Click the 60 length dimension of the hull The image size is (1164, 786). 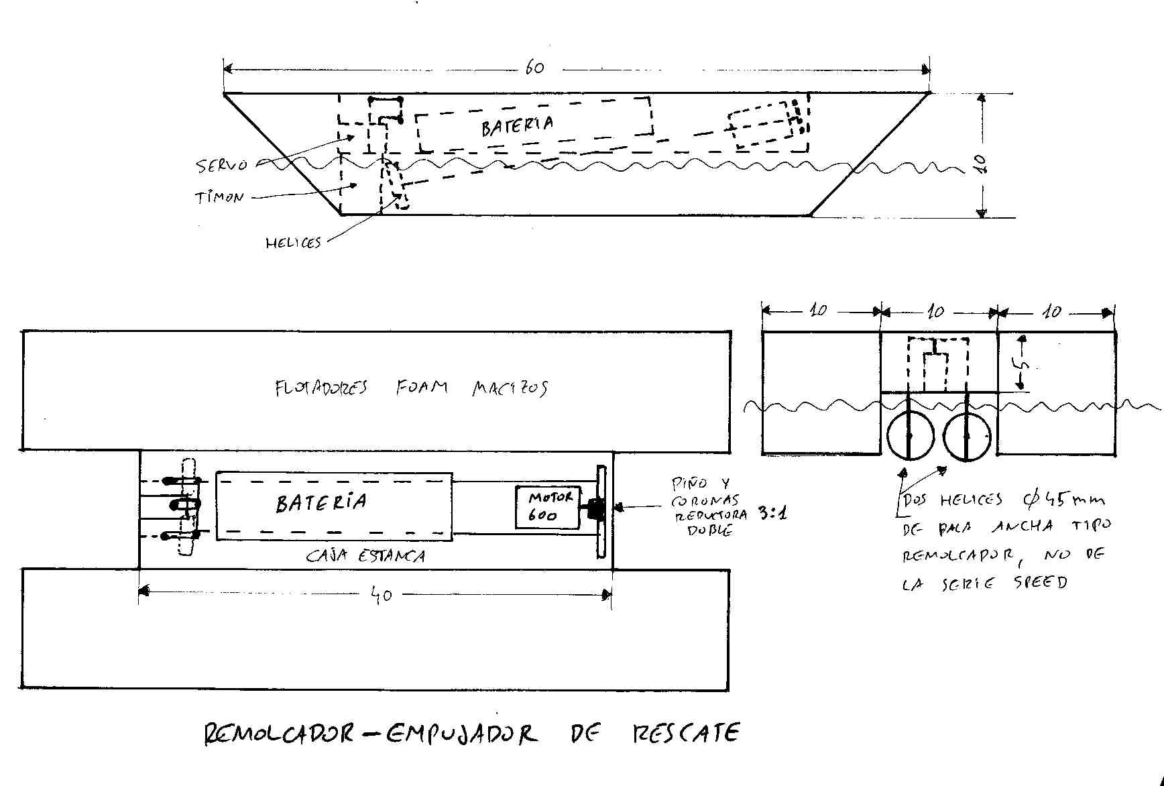coord(534,68)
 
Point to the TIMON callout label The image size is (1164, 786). coord(219,198)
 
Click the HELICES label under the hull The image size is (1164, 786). coord(293,243)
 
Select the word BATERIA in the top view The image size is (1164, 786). coord(321,503)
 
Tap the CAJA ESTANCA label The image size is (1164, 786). coord(365,556)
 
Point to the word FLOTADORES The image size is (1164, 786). coord(321,388)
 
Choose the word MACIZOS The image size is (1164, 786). coord(510,388)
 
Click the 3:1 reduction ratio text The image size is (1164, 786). coord(772,514)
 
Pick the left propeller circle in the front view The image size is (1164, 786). coord(910,436)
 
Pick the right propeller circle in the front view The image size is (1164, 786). coord(966,436)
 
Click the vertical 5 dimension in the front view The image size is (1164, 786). coord(1023,365)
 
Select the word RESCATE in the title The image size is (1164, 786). coord(685,733)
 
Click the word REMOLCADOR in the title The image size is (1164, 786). coord(278,734)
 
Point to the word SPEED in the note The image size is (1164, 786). coord(1040,582)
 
